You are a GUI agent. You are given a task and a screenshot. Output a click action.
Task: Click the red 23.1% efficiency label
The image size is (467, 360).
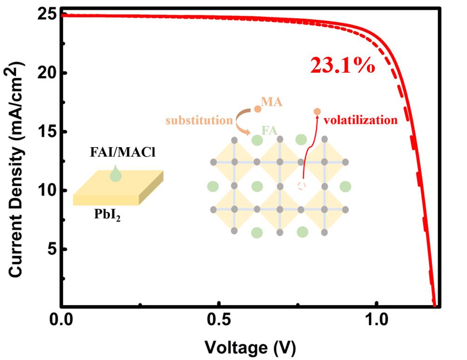[342, 66]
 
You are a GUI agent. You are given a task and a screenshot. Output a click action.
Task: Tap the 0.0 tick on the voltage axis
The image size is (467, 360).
[61, 321]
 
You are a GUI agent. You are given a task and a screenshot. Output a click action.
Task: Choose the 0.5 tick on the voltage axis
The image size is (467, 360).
[218, 321]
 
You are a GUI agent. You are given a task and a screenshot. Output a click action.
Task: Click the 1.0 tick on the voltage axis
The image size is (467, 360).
[376, 321]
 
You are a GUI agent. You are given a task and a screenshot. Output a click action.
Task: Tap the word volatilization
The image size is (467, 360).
[361, 121]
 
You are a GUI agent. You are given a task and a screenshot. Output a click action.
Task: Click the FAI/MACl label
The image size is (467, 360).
[117, 153]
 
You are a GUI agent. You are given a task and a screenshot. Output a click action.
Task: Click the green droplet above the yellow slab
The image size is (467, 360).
[116, 175]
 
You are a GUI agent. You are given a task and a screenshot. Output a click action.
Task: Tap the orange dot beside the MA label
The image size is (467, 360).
[257, 109]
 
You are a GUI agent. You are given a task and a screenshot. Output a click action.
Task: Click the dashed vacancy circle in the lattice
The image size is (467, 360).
[302, 186]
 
